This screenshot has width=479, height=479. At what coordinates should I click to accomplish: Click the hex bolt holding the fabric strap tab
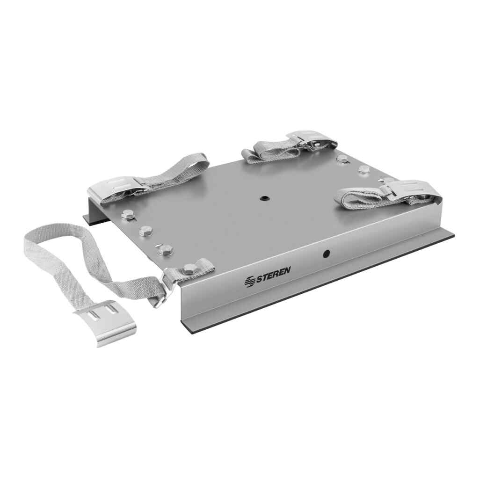coord(190,269)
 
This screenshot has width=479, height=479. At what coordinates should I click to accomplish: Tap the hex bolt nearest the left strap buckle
coord(127,215)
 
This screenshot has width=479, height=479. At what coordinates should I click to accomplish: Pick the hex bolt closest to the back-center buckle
coord(343,159)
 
